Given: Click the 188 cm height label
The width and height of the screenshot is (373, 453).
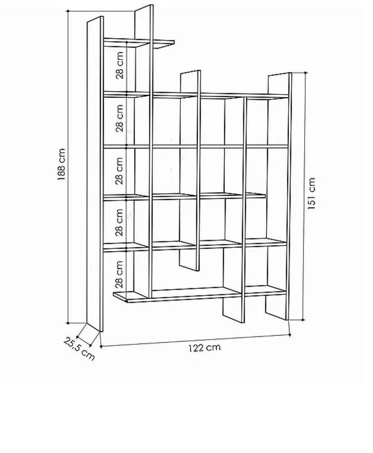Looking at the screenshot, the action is (62, 164).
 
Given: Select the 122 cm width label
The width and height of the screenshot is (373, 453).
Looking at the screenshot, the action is (204, 347).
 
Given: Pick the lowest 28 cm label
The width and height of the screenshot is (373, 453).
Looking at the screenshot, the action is (119, 274).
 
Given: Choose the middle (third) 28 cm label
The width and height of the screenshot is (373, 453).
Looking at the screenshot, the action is (119, 171).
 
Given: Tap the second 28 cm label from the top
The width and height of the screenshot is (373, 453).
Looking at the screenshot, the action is (120, 118).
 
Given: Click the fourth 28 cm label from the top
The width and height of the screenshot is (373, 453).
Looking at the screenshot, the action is (119, 223).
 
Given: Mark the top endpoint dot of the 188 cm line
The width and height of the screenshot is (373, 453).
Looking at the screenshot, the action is (68, 11).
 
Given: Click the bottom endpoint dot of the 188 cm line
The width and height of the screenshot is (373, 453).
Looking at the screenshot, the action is (68, 323).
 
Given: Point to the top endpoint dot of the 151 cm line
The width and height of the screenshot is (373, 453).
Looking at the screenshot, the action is (306, 73).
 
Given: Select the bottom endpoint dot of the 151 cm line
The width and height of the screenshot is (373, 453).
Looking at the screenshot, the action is (302, 320).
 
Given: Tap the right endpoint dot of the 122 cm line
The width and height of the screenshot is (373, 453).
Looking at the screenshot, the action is (290, 335).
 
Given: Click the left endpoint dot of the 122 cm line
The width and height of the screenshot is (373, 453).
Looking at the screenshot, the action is (101, 346).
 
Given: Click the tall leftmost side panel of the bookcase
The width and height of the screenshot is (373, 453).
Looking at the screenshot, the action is (95, 174).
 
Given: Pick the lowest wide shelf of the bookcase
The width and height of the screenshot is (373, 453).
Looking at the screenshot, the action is (199, 294).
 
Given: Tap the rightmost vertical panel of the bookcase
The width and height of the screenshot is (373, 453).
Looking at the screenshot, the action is (280, 196).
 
